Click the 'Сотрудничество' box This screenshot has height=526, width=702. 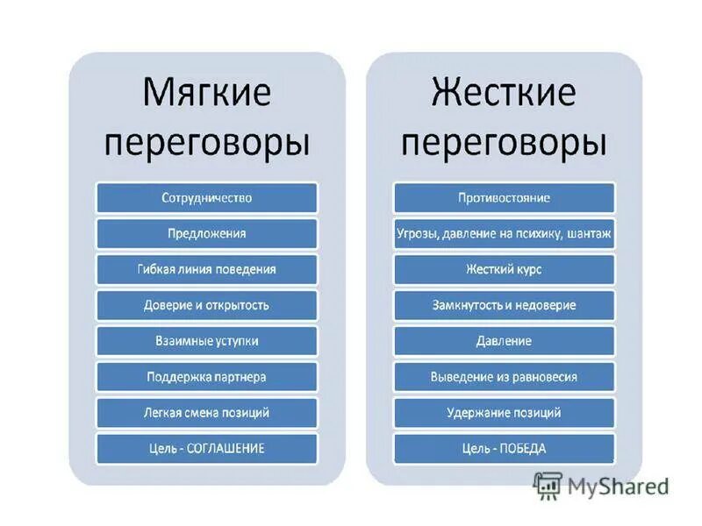tap(207, 197)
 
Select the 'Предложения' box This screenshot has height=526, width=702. tap(207, 233)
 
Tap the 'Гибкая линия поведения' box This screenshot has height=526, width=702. tap(207, 269)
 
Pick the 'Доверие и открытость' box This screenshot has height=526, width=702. tap(207, 305)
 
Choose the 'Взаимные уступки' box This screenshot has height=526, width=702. tap(207, 341)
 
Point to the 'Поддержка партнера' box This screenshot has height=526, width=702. tap(207, 377)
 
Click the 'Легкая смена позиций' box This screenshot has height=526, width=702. tap(207, 412)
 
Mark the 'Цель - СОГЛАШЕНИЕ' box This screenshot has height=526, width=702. tap(207, 448)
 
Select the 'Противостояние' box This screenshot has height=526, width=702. tap(504, 197)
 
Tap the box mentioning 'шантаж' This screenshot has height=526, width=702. tap(504, 233)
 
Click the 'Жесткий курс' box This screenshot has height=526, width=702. tap(504, 269)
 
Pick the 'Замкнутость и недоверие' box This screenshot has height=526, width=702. tap(504, 305)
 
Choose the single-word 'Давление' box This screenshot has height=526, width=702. tap(504, 341)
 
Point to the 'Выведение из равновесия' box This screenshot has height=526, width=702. tap(504, 377)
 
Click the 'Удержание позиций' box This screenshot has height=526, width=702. tap(504, 412)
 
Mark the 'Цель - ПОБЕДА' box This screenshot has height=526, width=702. tap(504, 448)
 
